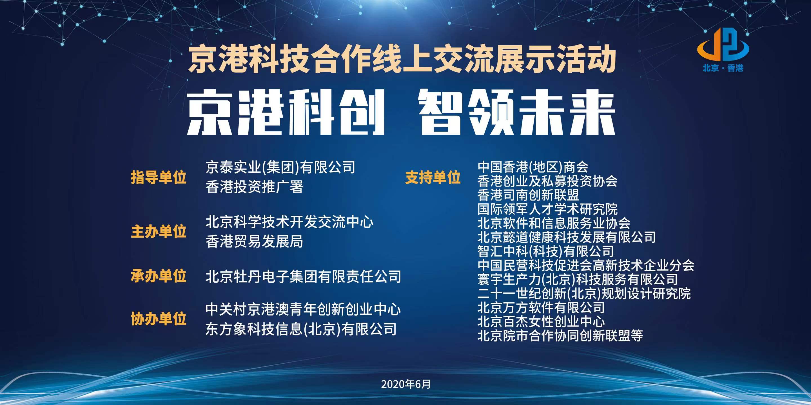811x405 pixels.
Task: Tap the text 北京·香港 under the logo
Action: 723,68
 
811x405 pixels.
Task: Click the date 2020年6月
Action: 406,384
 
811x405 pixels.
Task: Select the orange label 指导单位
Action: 158,177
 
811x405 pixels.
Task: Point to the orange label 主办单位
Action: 158,232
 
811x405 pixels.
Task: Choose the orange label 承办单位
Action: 158,276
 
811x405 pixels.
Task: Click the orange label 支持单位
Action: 433,177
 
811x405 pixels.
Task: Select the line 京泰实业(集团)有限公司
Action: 280,167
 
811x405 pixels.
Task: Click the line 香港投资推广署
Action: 254,187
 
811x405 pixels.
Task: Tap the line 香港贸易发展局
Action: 254,242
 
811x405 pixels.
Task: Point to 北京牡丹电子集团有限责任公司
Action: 303,277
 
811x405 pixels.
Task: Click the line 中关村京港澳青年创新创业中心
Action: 303,309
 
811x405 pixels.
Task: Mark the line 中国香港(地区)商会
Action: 533,167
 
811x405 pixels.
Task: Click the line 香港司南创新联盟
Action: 528,195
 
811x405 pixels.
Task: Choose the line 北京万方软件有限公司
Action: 541,307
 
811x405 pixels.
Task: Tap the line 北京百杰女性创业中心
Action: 541,322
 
